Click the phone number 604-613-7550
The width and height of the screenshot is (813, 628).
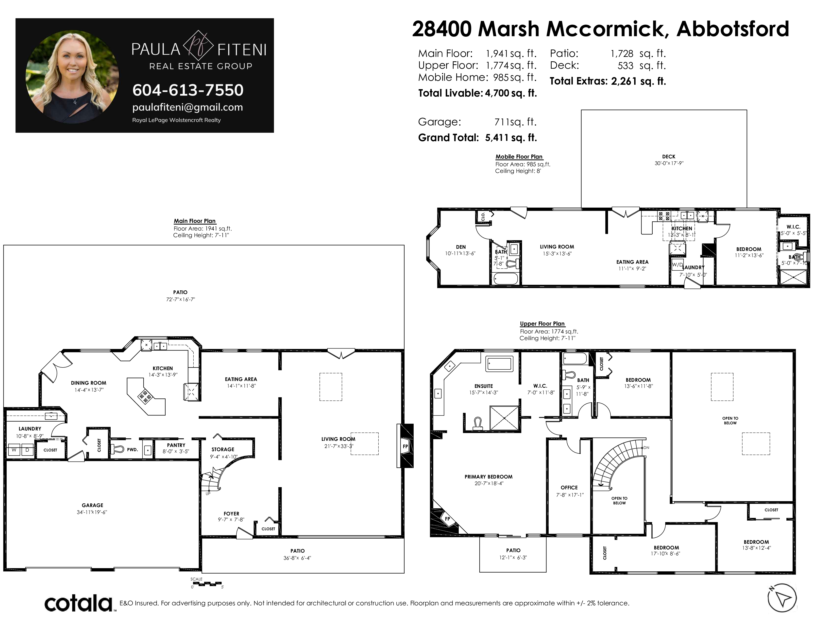pos(188,90)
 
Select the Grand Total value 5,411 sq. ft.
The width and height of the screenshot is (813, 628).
pos(511,138)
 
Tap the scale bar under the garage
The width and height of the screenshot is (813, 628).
pos(207,584)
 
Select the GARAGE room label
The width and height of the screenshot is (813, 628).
pos(92,505)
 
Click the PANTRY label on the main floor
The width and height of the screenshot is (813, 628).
pos(176,445)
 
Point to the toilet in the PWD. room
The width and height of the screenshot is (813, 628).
pos(117,449)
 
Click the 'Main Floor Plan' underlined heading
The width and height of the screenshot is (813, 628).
pos(195,221)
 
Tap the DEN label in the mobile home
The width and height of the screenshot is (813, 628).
pos(461,247)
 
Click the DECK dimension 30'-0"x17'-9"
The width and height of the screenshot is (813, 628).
pos(669,163)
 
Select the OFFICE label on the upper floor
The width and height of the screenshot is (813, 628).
pos(569,487)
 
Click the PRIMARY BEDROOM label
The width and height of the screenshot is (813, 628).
pos(488,477)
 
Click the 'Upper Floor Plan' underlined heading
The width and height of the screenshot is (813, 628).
pos(542,324)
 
